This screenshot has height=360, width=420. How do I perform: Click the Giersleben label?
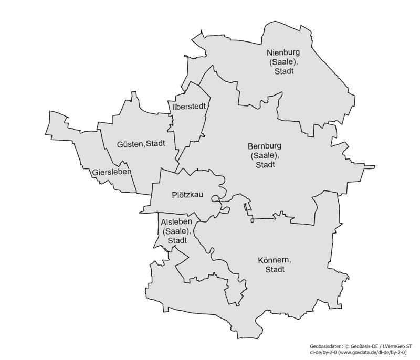pyautogui.click(x=111, y=172)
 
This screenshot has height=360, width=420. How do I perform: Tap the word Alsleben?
pyautogui.click(x=175, y=222)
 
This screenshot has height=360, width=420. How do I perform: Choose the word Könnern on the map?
pyautogui.click(x=275, y=260)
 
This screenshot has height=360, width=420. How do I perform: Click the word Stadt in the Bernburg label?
pyautogui.click(x=265, y=165)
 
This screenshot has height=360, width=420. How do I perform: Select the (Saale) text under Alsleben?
pyautogui.click(x=175, y=231)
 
